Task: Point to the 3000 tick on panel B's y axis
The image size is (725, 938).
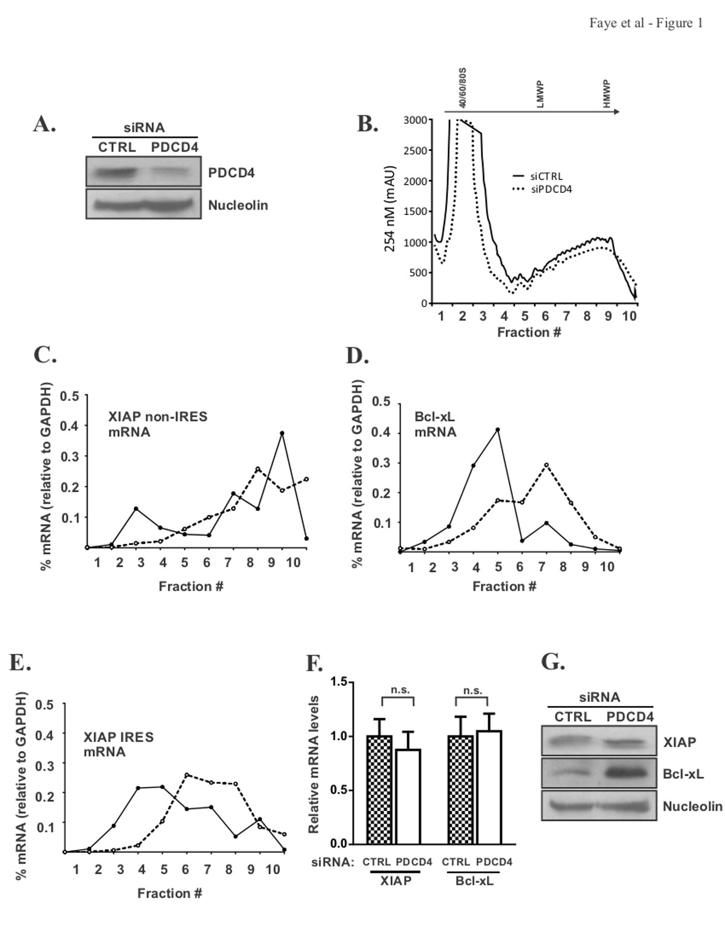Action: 414,120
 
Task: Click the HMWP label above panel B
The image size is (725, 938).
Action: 607,94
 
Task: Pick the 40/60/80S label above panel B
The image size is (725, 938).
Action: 463,88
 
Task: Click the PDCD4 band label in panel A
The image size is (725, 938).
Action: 231,173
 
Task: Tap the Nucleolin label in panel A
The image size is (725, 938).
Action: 238,205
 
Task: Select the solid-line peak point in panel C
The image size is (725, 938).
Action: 282,433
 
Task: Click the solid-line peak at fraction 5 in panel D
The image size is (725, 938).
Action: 498,429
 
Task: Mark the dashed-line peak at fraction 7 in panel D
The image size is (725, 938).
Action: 546,464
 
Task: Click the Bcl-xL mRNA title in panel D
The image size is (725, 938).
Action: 435,425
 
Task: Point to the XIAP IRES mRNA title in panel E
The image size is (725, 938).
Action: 118,744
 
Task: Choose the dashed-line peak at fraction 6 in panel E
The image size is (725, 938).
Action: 187,774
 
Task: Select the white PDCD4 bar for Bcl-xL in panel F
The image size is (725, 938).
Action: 489,786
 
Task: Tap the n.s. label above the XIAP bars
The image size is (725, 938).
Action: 397,690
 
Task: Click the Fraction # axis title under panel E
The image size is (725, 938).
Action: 170,893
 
